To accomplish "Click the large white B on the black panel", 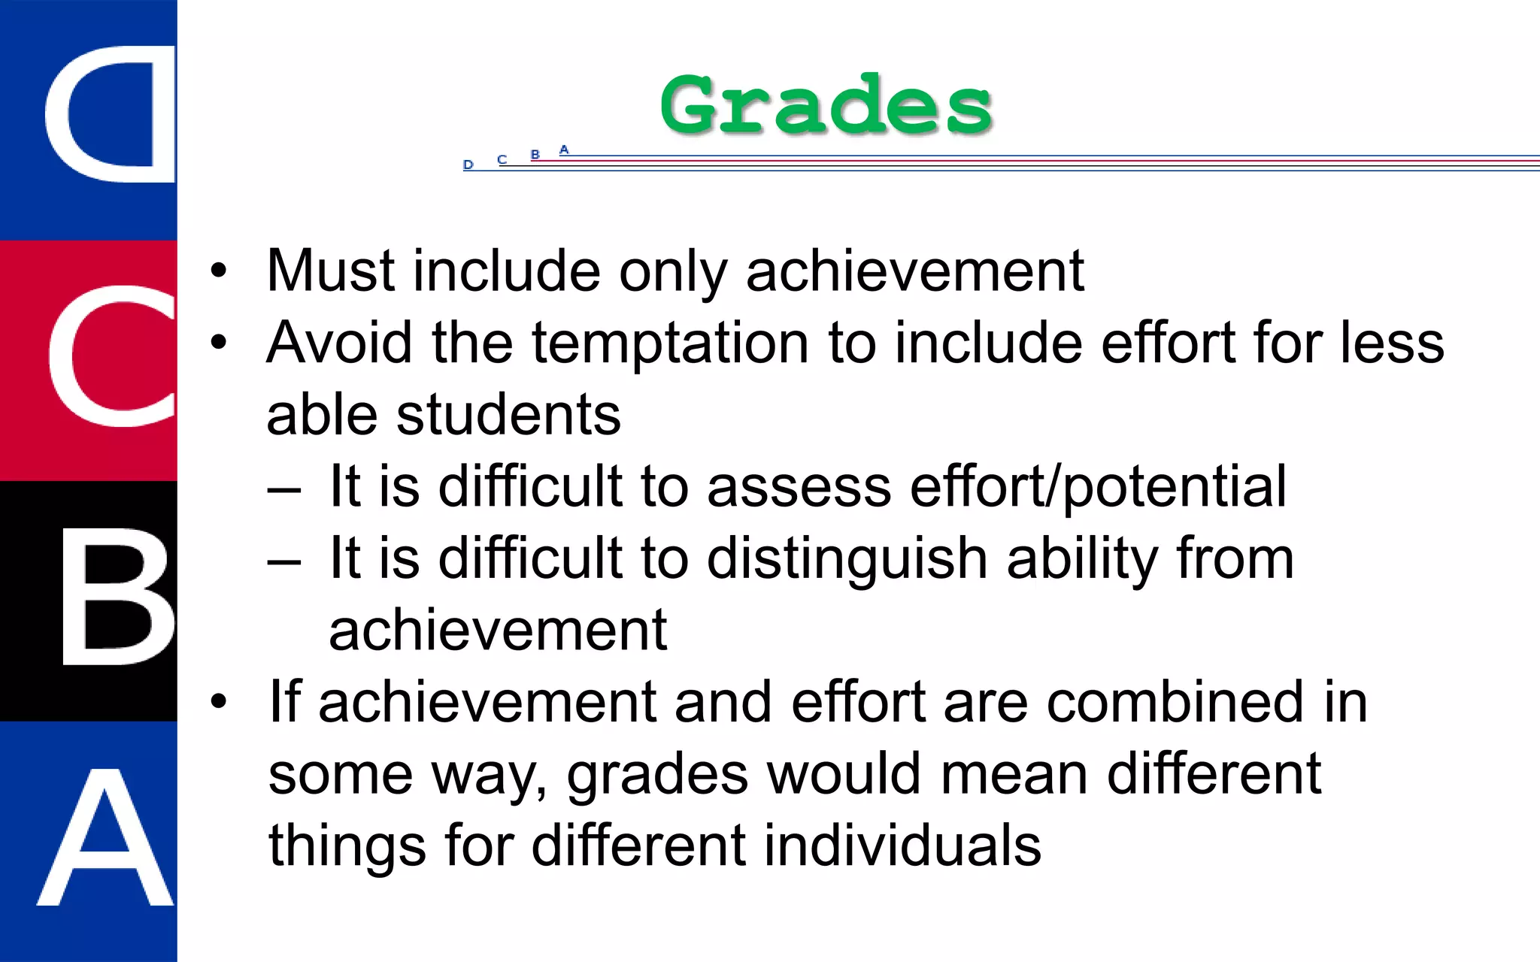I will click(x=117, y=596).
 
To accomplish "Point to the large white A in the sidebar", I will click(x=105, y=838).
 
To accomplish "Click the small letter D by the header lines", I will click(x=468, y=165).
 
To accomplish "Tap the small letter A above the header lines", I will click(x=564, y=150).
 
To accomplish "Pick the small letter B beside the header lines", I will click(x=535, y=155).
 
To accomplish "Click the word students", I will click(x=508, y=415).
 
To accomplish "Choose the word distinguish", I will click(x=847, y=559).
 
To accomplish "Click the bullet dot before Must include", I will click(x=218, y=271).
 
